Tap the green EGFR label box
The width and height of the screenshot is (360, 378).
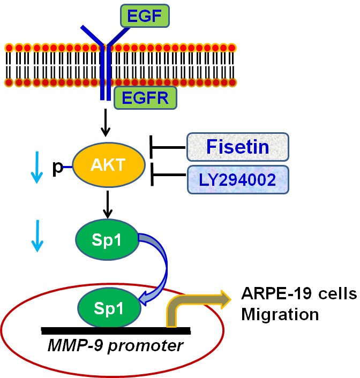[145, 99]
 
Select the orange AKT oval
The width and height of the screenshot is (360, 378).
[109, 167]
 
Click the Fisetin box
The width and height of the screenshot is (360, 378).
[238, 147]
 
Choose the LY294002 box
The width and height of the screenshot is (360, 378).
[238, 180]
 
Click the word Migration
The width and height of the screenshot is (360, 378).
[280, 313]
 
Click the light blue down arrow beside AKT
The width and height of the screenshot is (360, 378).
[35, 167]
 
